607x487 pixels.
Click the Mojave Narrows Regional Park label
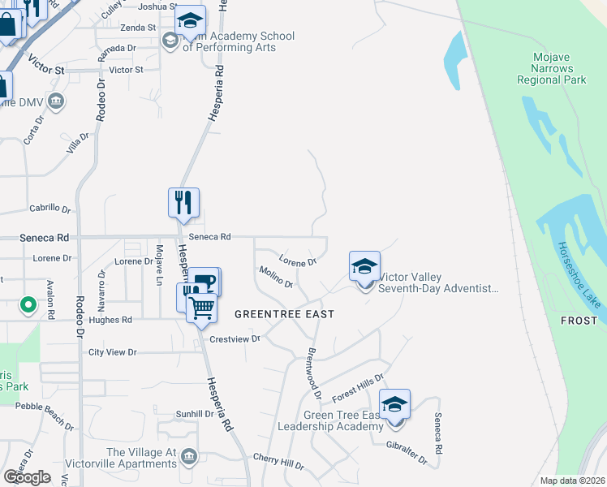pyautogui.click(x=552, y=69)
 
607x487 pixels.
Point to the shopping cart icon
pyautogui.click(x=201, y=307)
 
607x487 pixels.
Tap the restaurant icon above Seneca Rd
pyautogui.click(x=183, y=203)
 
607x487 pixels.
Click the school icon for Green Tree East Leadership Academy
pyautogui.click(x=394, y=404)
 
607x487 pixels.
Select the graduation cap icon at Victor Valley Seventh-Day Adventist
pyautogui.click(x=364, y=266)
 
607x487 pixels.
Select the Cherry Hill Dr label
pyautogui.click(x=278, y=462)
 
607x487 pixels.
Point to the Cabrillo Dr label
pyautogui.click(x=50, y=209)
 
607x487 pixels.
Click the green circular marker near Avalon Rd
pyautogui.click(x=28, y=305)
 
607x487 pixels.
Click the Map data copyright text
pyautogui.click(x=572, y=481)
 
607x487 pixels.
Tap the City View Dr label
pyautogui.click(x=113, y=352)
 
